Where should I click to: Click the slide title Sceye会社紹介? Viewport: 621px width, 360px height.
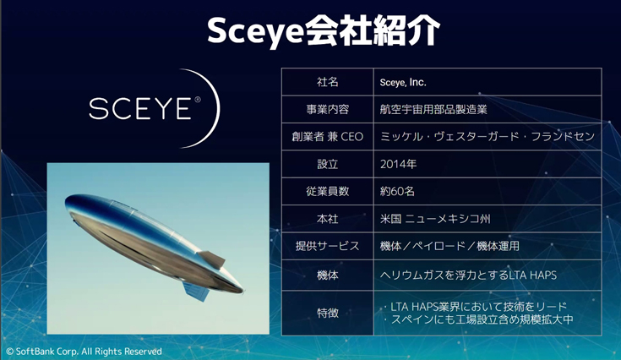click(323, 31)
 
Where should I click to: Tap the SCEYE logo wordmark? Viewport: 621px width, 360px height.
click(139, 108)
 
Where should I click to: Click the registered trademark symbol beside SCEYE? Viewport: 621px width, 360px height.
click(197, 100)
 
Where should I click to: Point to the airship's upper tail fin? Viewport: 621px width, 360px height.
click(212, 259)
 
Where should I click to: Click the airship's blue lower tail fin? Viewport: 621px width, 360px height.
click(196, 291)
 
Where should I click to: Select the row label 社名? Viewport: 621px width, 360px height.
click(328, 82)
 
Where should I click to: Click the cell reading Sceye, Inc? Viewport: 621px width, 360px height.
click(403, 82)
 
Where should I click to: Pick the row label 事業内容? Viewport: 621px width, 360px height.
click(328, 109)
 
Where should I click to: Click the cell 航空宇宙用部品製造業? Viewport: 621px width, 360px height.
click(433, 109)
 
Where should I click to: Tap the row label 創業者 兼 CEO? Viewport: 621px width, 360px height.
click(328, 137)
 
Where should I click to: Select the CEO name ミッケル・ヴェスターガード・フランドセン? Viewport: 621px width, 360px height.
click(488, 137)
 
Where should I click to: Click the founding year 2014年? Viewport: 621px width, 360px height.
click(399, 164)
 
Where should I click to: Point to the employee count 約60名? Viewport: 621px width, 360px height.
click(397, 191)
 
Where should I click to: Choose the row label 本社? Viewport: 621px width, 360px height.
click(328, 219)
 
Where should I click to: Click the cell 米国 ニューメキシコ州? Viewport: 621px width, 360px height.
click(435, 219)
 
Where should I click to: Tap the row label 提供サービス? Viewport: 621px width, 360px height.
click(328, 246)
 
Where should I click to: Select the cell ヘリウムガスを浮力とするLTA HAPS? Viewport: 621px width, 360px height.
click(468, 275)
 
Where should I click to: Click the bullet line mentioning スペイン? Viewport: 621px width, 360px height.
click(478, 319)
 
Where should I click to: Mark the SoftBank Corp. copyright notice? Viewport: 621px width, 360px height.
click(84, 352)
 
